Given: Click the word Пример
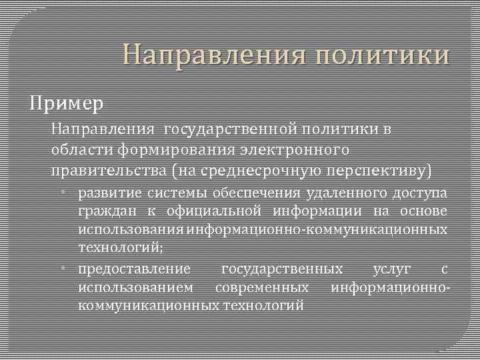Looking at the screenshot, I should tap(65, 104).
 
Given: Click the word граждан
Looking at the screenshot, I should tap(101, 212).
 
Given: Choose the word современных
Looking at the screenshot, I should tap(261, 287).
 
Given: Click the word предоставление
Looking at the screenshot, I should tap(134, 269).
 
